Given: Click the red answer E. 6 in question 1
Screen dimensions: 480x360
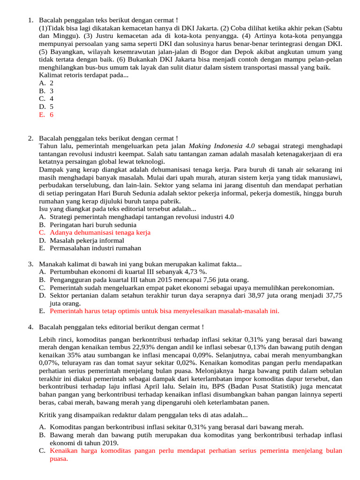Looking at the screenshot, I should (x=46, y=114).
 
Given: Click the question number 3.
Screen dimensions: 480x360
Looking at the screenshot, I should (x=30, y=264).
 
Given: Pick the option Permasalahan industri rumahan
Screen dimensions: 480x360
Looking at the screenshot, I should (x=95, y=248).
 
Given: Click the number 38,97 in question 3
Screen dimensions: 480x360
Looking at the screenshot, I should (x=259, y=295).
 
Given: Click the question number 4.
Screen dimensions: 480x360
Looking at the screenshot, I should (x=30, y=327).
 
